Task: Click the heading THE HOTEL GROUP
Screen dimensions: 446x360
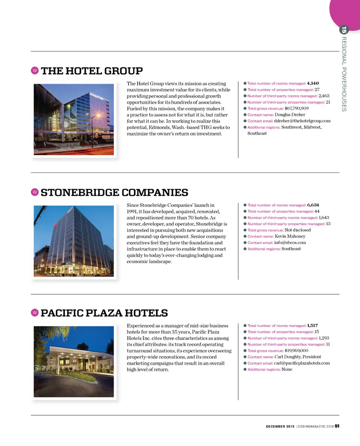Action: tap(91, 71)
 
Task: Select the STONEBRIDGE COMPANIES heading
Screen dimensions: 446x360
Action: tap(114, 193)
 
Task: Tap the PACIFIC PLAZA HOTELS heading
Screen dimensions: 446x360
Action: tap(104, 313)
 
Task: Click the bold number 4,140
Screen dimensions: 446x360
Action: tap(313, 83)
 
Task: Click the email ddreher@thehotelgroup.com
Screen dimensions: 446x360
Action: tap(302, 121)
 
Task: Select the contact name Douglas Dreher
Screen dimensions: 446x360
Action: tap(290, 115)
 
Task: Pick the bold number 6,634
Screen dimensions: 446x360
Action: tap(313, 205)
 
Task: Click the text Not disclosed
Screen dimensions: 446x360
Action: tap(298, 230)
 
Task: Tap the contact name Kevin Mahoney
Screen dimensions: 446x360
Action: tap(290, 237)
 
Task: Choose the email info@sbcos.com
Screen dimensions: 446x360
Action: tap(290, 243)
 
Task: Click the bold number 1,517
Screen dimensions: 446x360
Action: tap(312, 325)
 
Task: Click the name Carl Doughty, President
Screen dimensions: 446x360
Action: tap(298, 357)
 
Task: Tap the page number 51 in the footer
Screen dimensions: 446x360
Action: tap(337, 426)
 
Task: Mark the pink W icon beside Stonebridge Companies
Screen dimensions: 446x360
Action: tap(34, 192)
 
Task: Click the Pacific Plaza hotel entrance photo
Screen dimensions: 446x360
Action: tap(74, 362)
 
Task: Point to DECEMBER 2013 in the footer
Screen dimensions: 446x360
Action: tap(280, 426)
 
